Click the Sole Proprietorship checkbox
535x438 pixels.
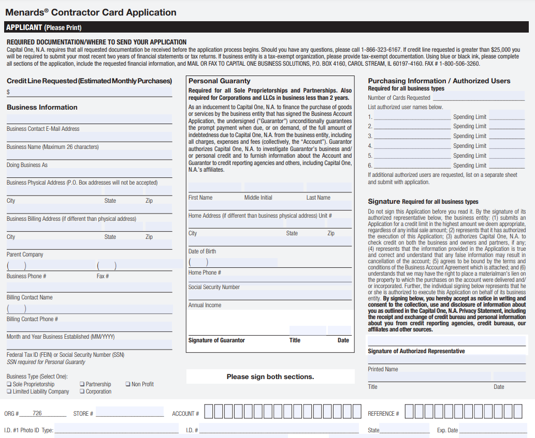pyautogui.click(x=9, y=384)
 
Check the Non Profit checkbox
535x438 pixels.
pyautogui.click(x=128, y=384)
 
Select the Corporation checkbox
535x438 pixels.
pyautogui.click(x=82, y=391)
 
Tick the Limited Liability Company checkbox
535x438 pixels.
pyautogui.click(x=9, y=391)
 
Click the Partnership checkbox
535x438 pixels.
pyautogui.click(x=82, y=384)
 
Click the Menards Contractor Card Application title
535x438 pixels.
pyautogui.click(x=91, y=12)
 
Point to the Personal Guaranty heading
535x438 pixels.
pyautogui.click(x=219, y=81)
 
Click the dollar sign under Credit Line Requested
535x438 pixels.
pyautogui.click(x=8, y=92)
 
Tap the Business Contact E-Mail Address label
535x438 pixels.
pyautogui.click(x=43, y=129)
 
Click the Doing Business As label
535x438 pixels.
pyautogui.click(x=27, y=165)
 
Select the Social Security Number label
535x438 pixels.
pyautogui.click(x=214, y=287)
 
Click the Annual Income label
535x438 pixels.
pyautogui.click(x=205, y=305)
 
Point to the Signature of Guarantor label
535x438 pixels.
pyautogui.click(x=216, y=340)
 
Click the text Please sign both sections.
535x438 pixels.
pyautogui.click(x=270, y=376)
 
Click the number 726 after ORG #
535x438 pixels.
pyautogui.click(x=37, y=413)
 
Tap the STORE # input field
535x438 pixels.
pyautogui.click(x=129, y=413)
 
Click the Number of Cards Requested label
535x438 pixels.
pyautogui.click(x=399, y=98)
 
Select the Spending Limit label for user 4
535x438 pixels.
pyautogui.click(x=470, y=146)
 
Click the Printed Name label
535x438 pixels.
pyautogui.click(x=383, y=369)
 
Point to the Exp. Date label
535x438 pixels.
pyautogui.click(x=447, y=430)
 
